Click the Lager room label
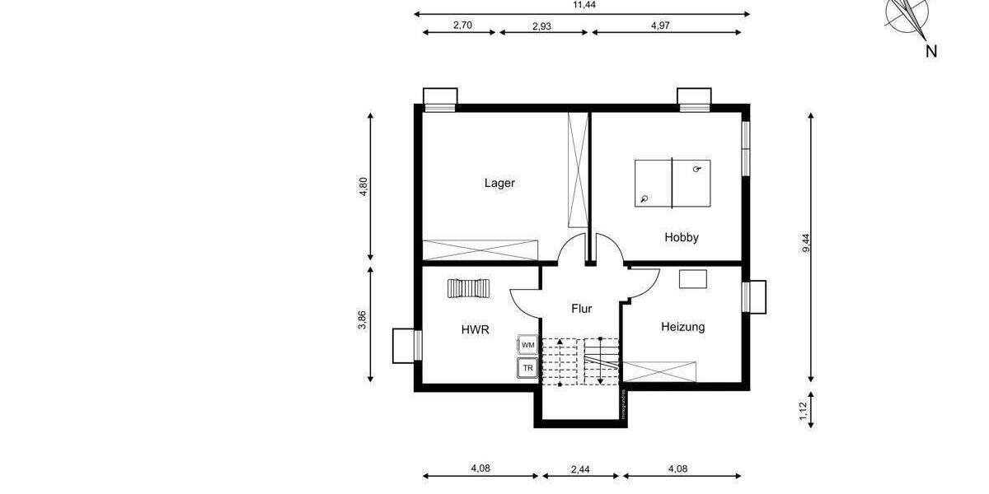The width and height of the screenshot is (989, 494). pyautogui.click(x=499, y=183)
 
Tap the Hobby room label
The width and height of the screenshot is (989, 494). pyautogui.click(x=682, y=237)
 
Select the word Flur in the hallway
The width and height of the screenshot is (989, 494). pyautogui.click(x=582, y=309)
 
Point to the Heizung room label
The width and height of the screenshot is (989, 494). pyautogui.click(x=682, y=327)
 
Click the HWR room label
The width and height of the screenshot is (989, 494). pyautogui.click(x=475, y=329)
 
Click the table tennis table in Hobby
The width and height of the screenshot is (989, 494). pyautogui.click(x=673, y=183)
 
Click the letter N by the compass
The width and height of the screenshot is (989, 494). pyautogui.click(x=931, y=51)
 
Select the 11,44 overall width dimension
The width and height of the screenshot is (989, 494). pyautogui.click(x=584, y=5)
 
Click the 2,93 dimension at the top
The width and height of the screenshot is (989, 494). pyautogui.click(x=541, y=26)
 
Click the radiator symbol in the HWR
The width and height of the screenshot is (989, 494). pyautogui.click(x=468, y=288)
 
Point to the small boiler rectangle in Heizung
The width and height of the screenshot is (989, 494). pyautogui.click(x=693, y=278)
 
